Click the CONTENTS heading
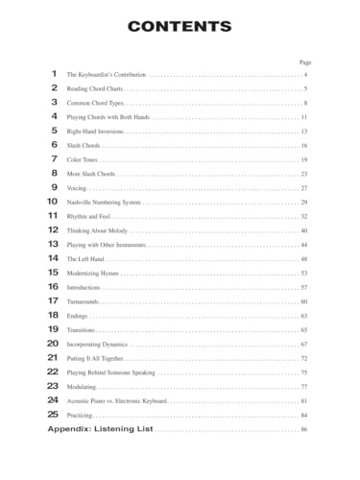pyautogui.click(x=180, y=26)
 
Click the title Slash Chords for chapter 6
pyautogui.click(x=84, y=145)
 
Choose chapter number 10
pyautogui.click(x=53, y=203)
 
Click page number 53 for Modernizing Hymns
pyautogui.click(x=303, y=274)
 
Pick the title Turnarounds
pyautogui.click(x=84, y=301)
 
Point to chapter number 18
pyautogui.click(x=53, y=316)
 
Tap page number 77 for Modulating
pyautogui.click(x=303, y=386)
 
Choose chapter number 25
pyautogui.click(x=53, y=415)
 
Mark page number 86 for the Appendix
pyautogui.click(x=303, y=429)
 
